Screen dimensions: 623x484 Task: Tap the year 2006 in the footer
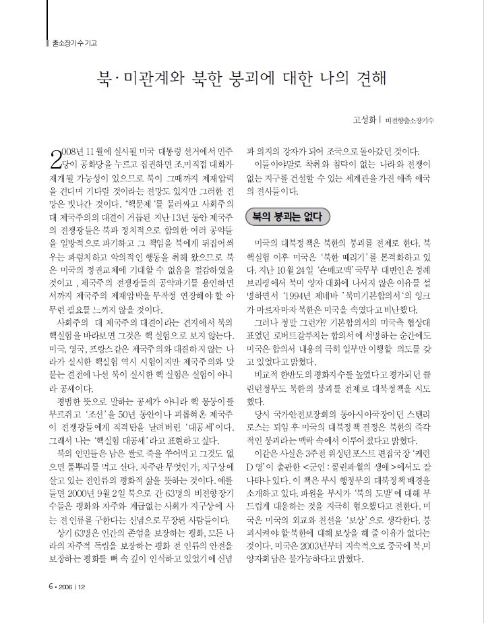(x=66, y=604)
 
